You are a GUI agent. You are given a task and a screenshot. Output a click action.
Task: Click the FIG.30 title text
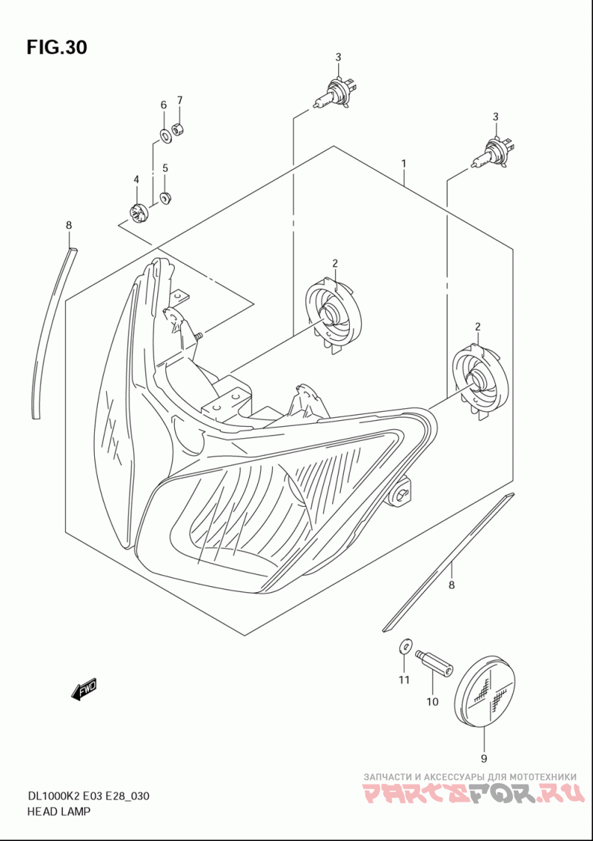click(57, 47)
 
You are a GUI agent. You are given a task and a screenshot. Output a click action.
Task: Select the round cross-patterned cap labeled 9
click(488, 691)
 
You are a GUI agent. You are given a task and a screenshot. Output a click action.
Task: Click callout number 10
click(432, 701)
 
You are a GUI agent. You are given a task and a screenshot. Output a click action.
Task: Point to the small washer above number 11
click(403, 646)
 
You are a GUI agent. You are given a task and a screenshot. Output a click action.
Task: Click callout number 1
click(404, 162)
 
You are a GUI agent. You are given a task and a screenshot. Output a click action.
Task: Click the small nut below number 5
click(165, 197)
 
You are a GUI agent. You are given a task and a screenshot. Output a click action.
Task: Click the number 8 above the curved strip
click(69, 225)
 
